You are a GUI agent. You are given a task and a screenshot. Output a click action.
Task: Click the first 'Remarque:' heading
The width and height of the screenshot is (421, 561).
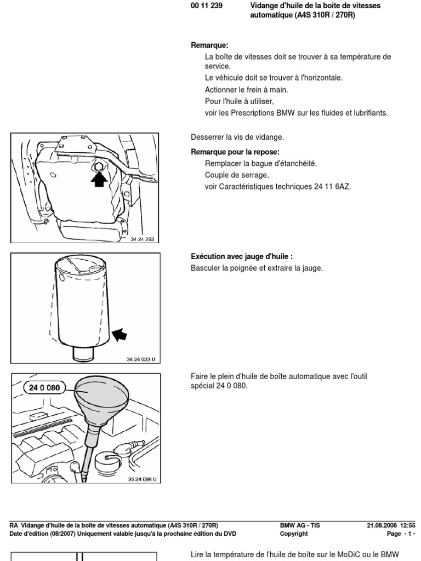[x=209, y=45]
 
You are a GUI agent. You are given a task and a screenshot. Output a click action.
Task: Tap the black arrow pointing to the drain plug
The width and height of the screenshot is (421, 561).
[x=99, y=179]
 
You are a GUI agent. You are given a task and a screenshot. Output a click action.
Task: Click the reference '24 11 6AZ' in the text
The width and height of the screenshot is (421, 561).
[x=332, y=186]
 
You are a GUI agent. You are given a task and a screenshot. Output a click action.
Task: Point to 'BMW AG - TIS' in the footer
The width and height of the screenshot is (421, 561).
[x=300, y=525]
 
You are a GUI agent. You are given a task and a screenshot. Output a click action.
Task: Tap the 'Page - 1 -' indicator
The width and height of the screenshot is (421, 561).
[x=401, y=534]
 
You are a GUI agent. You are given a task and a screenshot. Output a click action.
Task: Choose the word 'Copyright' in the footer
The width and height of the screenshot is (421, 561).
[x=294, y=534]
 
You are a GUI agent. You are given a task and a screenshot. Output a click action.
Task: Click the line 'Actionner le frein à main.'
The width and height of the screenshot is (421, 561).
[x=246, y=89]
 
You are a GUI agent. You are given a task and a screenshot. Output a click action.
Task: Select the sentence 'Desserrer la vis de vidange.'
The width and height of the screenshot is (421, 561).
[x=237, y=137]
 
